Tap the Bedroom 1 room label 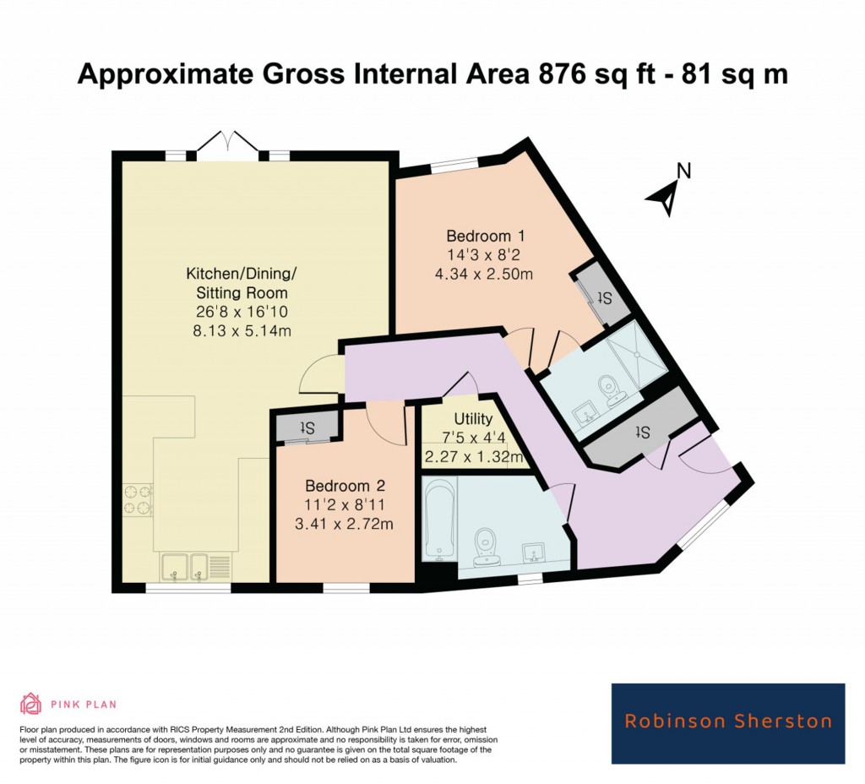480,236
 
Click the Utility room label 472,419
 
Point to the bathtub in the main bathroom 439,517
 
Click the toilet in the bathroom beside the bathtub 485,546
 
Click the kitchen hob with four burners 138,498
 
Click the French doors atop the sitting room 226,144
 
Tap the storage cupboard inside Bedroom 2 306,428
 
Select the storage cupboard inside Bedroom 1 601,296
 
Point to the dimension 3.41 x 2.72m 345,523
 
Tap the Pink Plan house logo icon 31,703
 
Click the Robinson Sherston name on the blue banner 727,721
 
